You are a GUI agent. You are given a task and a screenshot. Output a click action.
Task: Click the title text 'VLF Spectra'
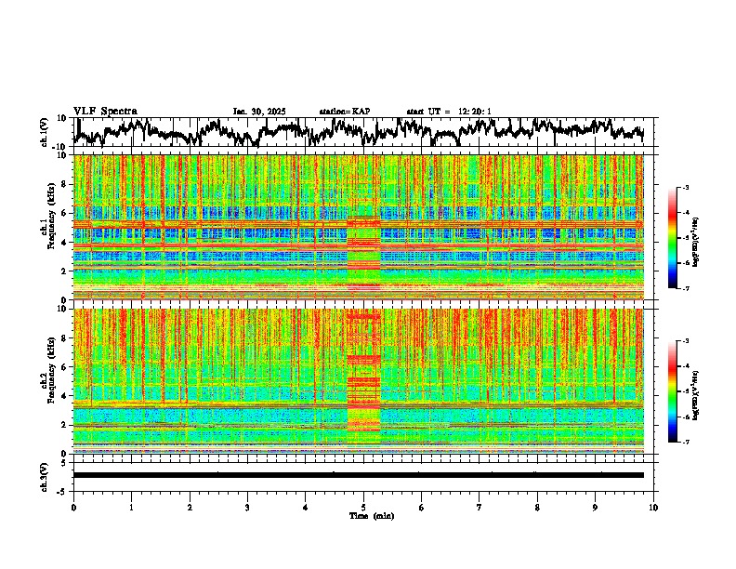click(x=105, y=112)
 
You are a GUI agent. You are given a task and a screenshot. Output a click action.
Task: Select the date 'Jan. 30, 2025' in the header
click(x=260, y=112)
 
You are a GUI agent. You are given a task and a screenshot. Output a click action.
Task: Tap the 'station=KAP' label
click(x=345, y=112)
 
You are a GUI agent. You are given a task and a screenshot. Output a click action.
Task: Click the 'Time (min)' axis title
click(x=363, y=516)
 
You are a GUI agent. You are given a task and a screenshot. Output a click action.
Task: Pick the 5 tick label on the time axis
click(x=363, y=508)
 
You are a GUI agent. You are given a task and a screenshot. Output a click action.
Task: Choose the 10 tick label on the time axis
click(x=653, y=508)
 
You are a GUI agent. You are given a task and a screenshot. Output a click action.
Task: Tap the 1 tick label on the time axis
click(x=131, y=508)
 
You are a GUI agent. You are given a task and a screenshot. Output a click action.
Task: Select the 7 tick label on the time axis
click(x=480, y=508)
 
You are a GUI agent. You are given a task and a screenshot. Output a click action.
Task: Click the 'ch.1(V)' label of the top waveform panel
click(x=46, y=132)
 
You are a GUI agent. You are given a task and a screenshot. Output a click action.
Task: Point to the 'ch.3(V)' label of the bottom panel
click(x=46, y=475)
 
